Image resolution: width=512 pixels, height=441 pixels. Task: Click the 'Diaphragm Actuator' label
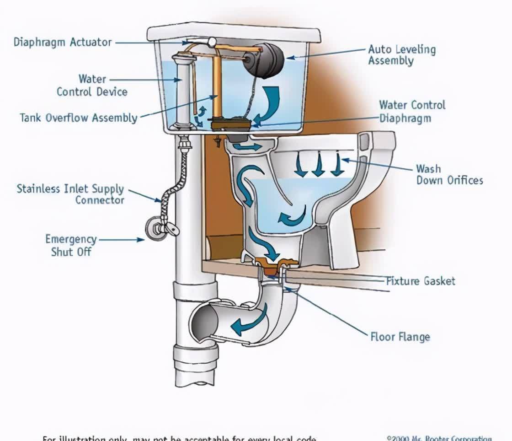tap(63, 42)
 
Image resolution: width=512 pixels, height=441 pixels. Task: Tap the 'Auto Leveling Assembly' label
tap(402, 55)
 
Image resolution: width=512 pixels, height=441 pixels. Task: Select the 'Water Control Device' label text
tap(92, 85)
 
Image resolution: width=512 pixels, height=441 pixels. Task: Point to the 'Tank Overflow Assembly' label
tap(78, 118)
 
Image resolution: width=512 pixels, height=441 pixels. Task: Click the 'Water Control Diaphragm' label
tap(411, 111)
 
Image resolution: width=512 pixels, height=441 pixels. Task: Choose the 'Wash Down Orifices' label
tap(449, 174)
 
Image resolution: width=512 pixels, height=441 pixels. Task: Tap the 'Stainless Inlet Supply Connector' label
tap(70, 194)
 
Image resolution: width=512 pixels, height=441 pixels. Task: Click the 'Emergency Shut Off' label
tap(71, 245)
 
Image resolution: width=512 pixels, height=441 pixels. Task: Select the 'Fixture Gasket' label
tap(421, 280)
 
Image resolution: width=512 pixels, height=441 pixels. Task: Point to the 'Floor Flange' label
tap(400, 337)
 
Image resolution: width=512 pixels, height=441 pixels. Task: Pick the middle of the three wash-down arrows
tap(318, 166)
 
